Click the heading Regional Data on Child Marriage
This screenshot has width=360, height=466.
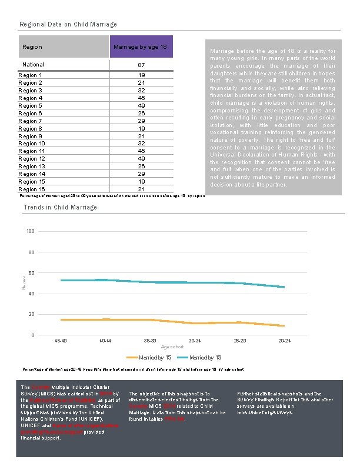pyautogui.click(x=68, y=24)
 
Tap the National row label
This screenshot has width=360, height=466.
pyautogui.click(x=33, y=64)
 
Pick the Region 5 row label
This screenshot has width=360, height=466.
pyautogui.click(x=31, y=106)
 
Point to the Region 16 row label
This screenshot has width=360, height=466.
pyautogui.click(x=32, y=189)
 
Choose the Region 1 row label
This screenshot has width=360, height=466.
pyautogui.click(x=31, y=75)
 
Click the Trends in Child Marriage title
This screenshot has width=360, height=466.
pyautogui.click(x=60, y=207)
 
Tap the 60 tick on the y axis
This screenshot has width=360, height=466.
pyautogui.click(x=31, y=273)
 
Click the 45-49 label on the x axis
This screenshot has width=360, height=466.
pyautogui.click(x=61, y=341)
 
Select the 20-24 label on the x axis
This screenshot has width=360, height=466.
pyautogui.click(x=285, y=341)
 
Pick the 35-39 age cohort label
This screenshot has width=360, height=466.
pyautogui.click(x=150, y=341)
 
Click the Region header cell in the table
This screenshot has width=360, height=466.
pyautogui.click(x=32, y=46)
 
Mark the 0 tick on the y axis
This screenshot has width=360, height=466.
pyautogui.click(x=32, y=335)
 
